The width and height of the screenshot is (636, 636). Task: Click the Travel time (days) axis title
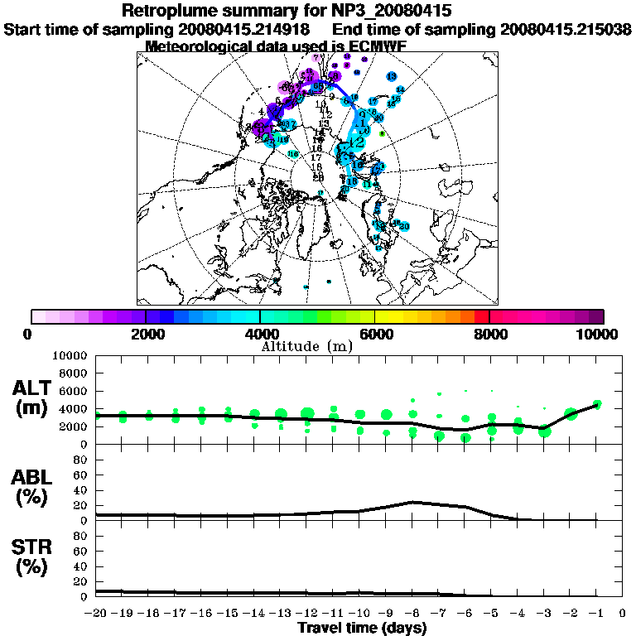coord(362,628)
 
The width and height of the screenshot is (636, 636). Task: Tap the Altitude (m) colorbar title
coord(317,345)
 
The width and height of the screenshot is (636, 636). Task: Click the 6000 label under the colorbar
coord(374,334)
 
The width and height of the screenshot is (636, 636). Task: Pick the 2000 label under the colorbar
coord(146,334)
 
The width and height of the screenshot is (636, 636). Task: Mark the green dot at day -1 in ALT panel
coord(597,405)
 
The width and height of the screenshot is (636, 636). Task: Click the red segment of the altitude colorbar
coord(482,316)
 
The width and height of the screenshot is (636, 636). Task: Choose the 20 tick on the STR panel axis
coord(83,581)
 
